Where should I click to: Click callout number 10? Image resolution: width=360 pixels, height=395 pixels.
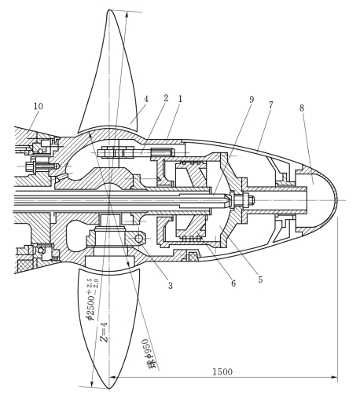(x=39, y=106)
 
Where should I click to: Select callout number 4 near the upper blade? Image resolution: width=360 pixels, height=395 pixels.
(x=146, y=99)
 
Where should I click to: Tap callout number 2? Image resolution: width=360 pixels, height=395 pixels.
(x=166, y=98)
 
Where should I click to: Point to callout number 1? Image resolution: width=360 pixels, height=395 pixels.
(x=180, y=99)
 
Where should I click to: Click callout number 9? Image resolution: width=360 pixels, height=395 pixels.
(x=252, y=100)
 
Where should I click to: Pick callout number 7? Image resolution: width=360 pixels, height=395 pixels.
(x=270, y=105)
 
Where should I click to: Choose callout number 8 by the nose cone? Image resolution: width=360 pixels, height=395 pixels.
(x=302, y=108)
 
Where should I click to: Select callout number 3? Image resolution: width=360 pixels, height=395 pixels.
(x=171, y=285)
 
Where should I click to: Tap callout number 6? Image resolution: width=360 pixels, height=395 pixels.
(x=233, y=283)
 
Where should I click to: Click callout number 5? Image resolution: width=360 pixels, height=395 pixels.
(x=260, y=280)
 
